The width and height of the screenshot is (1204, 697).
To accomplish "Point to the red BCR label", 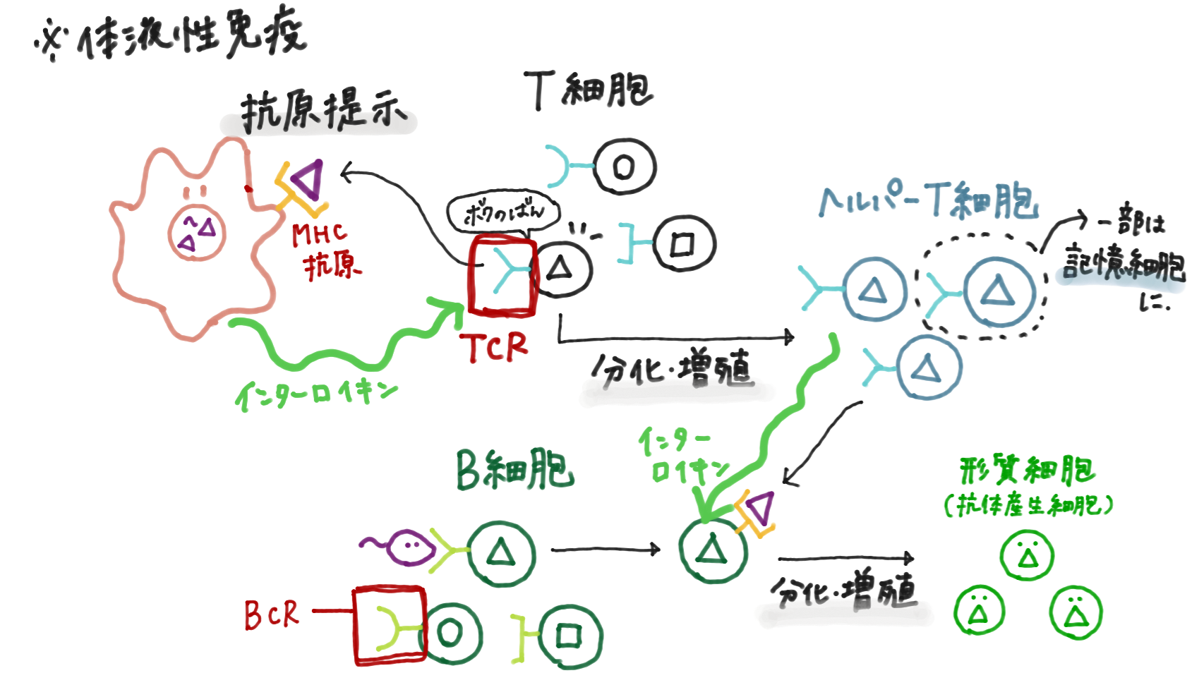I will [272, 614].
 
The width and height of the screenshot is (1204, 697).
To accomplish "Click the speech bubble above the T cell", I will [502, 212].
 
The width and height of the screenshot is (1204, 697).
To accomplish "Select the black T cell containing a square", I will [683, 244].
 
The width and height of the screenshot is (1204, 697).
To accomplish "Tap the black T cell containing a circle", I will [624, 167].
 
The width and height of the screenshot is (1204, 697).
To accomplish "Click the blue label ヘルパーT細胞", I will [929, 200].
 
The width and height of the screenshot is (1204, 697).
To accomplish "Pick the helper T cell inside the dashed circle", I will [998, 291].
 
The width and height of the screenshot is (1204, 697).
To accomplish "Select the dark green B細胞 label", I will [514, 471].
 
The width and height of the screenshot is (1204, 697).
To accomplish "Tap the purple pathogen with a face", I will [410, 546].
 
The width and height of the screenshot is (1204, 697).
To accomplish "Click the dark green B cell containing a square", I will [569, 637].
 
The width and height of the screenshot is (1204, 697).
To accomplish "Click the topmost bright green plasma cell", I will [1028, 556].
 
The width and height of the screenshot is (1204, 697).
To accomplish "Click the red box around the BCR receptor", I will [390, 625].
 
